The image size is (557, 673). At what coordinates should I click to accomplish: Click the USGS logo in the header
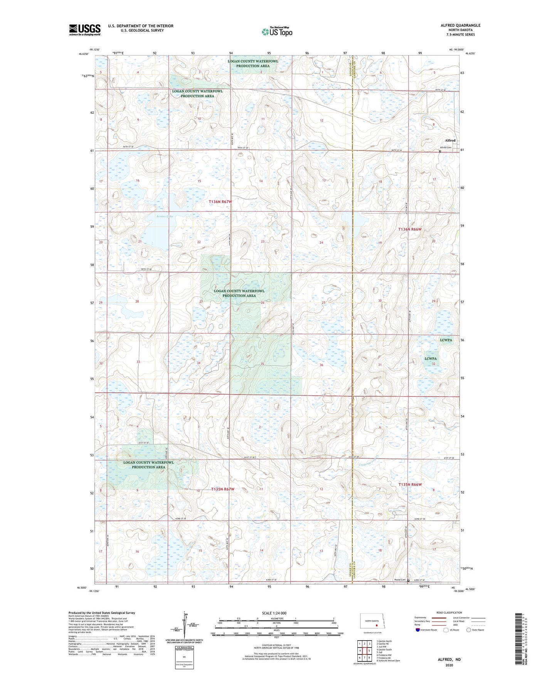click(x=85, y=30)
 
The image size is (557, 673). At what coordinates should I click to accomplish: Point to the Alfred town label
click(x=450, y=141)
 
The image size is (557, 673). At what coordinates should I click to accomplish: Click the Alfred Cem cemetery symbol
click(x=440, y=151)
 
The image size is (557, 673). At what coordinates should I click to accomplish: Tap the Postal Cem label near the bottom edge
click(x=400, y=580)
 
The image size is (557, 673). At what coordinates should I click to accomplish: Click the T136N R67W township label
click(x=220, y=202)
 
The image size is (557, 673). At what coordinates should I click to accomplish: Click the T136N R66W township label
click(x=410, y=229)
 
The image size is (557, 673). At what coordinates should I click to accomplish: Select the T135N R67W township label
click(x=223, y=489)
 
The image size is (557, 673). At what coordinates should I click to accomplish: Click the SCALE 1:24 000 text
click(x=274, y=613)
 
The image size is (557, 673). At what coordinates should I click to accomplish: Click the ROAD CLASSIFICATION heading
click(x=449, y=612)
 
